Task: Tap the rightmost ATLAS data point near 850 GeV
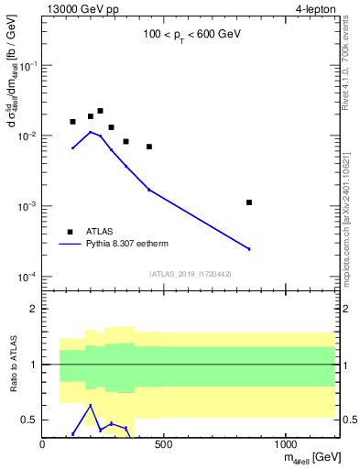coord(249,202)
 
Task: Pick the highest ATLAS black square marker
coord(100,111)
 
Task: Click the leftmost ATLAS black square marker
coord(73,122)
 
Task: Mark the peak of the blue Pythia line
coord(90,132)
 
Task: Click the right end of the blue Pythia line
coord(249,248)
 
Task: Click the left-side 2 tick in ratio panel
coord(34,309)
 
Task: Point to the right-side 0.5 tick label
coord(348,420)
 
